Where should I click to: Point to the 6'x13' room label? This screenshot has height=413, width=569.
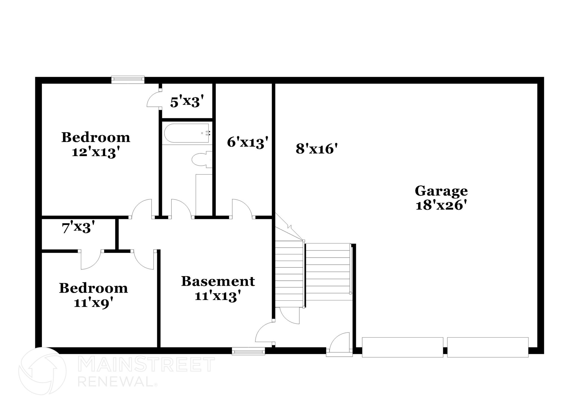click(248, 143)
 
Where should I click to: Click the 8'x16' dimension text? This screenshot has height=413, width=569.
click(316, 149)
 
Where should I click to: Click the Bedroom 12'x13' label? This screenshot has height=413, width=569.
click(96, 145)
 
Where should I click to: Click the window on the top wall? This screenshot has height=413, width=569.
click(128, 80)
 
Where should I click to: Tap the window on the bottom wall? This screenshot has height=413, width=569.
click(248, 352)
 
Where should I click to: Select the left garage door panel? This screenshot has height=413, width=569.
click(402, 347)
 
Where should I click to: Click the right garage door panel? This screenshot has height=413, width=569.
click(488, 347)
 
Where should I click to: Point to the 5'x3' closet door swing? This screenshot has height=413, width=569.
click(153, 100)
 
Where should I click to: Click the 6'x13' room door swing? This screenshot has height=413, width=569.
click(242, 208)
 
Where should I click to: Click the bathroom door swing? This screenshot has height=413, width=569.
click(181, 208)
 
